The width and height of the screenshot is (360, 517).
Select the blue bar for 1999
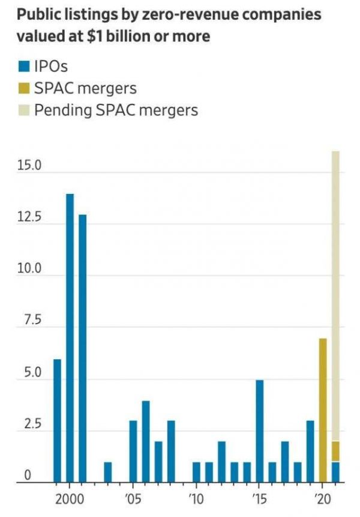coord(57,420)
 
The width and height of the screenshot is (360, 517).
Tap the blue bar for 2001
coord(82,348)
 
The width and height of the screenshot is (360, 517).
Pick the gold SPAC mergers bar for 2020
coord(323,410)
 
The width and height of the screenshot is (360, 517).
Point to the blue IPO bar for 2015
coord(259,431)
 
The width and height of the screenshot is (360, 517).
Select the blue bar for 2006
coord(145,441)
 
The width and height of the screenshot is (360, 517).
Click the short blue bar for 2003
coord(107,472)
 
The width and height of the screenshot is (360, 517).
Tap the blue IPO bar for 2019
coord(310,451)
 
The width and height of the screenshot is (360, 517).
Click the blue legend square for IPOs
coord(23,66)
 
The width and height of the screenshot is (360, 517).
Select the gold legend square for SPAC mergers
coord(23,88)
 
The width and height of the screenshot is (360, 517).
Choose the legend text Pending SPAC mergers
coord(116,110)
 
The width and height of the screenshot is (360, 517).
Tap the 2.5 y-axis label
coord(30,425)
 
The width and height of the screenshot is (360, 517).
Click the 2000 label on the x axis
coord(70,499)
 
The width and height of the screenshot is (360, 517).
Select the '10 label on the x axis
coord(196,499)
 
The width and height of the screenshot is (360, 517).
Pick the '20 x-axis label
coord(323,499)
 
